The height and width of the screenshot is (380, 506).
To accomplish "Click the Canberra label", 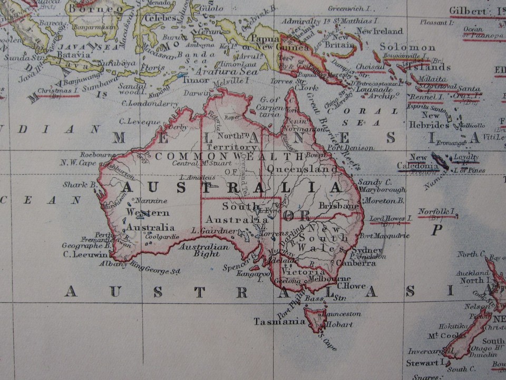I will point(356,262).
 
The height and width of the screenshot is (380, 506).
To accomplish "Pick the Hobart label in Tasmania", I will point(339,325).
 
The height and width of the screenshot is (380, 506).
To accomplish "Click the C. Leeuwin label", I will point(82,254).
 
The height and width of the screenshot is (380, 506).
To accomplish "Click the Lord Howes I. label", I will point(390,218).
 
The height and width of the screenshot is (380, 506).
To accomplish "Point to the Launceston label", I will point(342,314).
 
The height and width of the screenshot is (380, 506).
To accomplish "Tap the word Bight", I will point(208,254).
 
